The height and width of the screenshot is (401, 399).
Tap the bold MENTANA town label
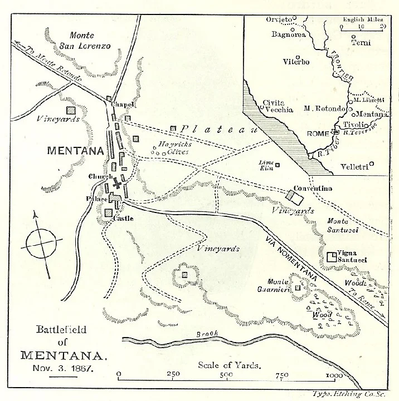pos(76,150)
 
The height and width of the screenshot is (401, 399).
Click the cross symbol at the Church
pos(117,184)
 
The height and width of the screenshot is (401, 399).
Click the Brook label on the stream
pos(207,334)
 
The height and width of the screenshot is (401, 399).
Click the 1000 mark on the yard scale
pos(334,376)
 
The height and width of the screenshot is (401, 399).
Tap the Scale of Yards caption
pos(230,365)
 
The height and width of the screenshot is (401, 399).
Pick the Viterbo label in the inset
pos(296,62)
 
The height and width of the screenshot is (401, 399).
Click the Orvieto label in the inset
pos(279,20)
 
